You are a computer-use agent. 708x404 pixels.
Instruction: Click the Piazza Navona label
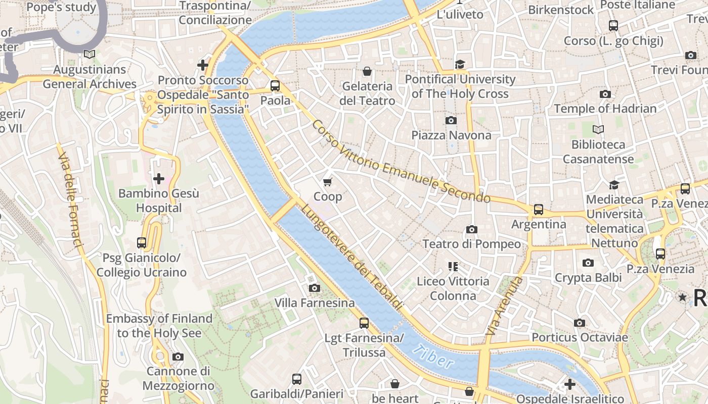(x=451, y=135)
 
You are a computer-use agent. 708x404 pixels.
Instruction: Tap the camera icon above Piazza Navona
(x=451, y=120)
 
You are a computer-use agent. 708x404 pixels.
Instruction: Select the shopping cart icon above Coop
(x=328, y=182)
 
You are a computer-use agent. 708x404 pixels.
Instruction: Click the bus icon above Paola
(x=275, y=85)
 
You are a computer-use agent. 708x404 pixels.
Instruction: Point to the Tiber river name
(x=432, y=356)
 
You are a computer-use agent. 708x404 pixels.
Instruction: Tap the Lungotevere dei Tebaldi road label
(x=352, y=257)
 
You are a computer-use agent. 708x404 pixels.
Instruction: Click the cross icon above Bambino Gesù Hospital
(x=159, y=178)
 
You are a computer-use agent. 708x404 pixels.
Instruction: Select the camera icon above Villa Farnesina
(x=315, y=288)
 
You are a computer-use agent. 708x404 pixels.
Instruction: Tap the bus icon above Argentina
(x=539, y=209)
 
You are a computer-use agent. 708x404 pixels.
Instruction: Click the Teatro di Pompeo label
(x=471, y=244)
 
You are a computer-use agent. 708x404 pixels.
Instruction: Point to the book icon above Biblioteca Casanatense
(x=598, y=130)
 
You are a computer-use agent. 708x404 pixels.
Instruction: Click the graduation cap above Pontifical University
(x=460, y=64)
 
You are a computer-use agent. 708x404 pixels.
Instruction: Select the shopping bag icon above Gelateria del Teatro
(x=367, y=72)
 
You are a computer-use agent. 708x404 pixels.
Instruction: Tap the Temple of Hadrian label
(x=605, y=109)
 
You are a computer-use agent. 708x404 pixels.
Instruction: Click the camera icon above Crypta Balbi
(x=588, y=263)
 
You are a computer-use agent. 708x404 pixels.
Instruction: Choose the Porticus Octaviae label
(x=580, y=337)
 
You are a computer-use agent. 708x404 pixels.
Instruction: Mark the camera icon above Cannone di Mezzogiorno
(x=178, y=357)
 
